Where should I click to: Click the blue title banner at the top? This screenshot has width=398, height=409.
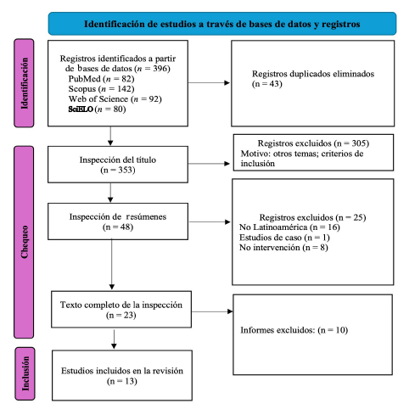(x=222, y=24)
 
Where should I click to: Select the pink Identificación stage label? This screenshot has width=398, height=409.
(x=24, y=83)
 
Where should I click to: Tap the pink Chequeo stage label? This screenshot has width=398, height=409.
(x=24, y=242)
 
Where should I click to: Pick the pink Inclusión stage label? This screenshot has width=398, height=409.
(x=25, y=373)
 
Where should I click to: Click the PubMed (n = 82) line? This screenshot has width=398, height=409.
(x=101, y=79)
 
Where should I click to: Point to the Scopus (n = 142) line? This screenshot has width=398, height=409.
(x=101, y=89)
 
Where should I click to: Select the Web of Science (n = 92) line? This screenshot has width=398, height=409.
(x=115, y=99)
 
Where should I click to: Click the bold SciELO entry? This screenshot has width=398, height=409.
(x=81, y=109)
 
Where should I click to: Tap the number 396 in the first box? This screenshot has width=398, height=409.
(x=160, y=69)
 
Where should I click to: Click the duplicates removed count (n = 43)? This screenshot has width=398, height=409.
(x=267, y=84)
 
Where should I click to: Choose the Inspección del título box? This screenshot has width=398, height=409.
(x=118, y=165)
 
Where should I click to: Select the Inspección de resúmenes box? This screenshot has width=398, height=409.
(x=118, y=221)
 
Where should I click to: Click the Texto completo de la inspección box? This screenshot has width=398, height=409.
(x=121, y=310)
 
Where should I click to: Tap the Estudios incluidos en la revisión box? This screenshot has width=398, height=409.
(x=122, y=375)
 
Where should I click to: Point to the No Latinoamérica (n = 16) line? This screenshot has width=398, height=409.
(x=289, y=227)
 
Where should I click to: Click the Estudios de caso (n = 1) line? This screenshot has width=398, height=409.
(x=284, y=238)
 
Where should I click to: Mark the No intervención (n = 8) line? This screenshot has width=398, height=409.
(x=283, y=248)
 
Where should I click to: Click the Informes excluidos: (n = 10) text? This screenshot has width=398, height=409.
(x=294, y=330)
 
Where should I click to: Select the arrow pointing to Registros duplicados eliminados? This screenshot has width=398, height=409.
(x=209, y=83)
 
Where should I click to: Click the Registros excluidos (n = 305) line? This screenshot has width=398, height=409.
(x=313, y=143)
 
